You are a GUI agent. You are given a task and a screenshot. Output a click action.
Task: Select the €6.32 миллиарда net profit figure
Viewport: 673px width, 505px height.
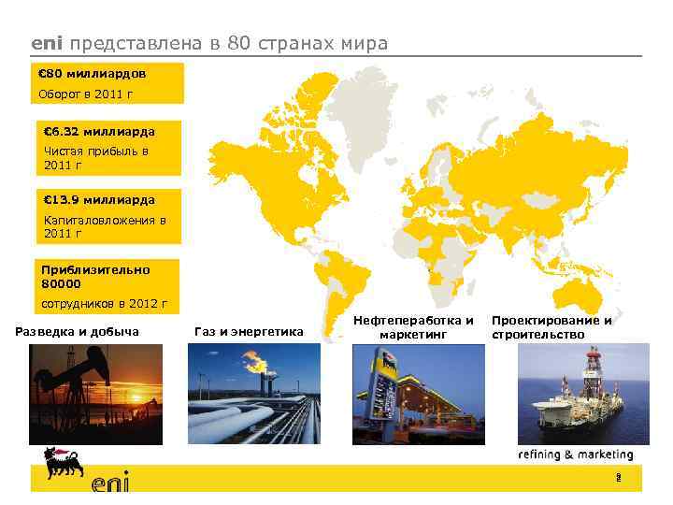99,131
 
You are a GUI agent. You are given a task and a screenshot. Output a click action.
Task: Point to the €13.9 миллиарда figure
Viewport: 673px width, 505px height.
99,199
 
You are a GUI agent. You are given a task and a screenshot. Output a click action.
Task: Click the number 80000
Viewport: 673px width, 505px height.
62,283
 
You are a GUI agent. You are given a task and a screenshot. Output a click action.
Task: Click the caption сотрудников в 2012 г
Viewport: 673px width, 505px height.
103,304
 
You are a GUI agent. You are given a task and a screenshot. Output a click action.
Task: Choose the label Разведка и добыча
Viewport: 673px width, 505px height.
79,331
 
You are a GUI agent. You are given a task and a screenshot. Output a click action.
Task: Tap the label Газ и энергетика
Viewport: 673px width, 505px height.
248,331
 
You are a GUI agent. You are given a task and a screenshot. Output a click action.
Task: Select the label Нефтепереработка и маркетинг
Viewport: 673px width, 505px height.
413,326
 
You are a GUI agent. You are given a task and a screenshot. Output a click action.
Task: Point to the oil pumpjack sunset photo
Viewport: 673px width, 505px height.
95,394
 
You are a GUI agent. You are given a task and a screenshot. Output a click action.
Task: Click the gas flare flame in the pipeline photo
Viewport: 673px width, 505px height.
253,360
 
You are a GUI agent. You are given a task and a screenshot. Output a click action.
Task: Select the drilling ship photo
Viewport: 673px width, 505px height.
583,394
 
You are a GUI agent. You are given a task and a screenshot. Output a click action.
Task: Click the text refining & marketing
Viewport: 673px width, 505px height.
576,454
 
